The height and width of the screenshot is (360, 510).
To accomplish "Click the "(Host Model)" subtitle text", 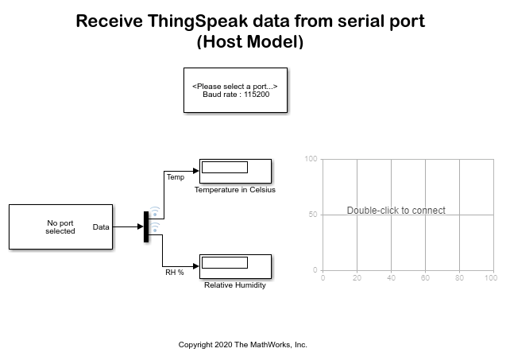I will tap(250, 42).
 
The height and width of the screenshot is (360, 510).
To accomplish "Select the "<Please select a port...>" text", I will tap(235, 85).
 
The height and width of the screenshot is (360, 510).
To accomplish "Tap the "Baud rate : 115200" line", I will tap(235, 94).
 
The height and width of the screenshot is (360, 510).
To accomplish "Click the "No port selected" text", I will tap(60, 227).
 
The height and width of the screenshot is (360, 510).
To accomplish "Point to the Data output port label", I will tap(101, 227).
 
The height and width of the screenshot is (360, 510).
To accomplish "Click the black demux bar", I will tap(146, 227).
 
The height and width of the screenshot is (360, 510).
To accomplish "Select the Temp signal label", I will tap(175, 177).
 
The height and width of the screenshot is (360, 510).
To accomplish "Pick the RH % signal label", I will tap(174, 273).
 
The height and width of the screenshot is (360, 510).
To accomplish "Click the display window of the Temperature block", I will tap(224, 167).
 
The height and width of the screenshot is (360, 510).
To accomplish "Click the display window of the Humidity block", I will tap(224, 262).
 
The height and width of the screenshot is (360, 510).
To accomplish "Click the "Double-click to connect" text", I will tap(396, 211).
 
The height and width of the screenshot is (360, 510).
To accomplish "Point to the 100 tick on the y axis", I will tap(311, 159).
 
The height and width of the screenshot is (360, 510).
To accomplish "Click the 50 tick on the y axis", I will tap(313, 215).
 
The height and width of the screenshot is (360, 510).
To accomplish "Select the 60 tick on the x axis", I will tap(425, 277).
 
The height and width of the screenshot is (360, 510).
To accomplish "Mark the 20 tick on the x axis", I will tap(357, 277).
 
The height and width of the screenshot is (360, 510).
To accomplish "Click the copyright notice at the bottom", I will tap(242, 345).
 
